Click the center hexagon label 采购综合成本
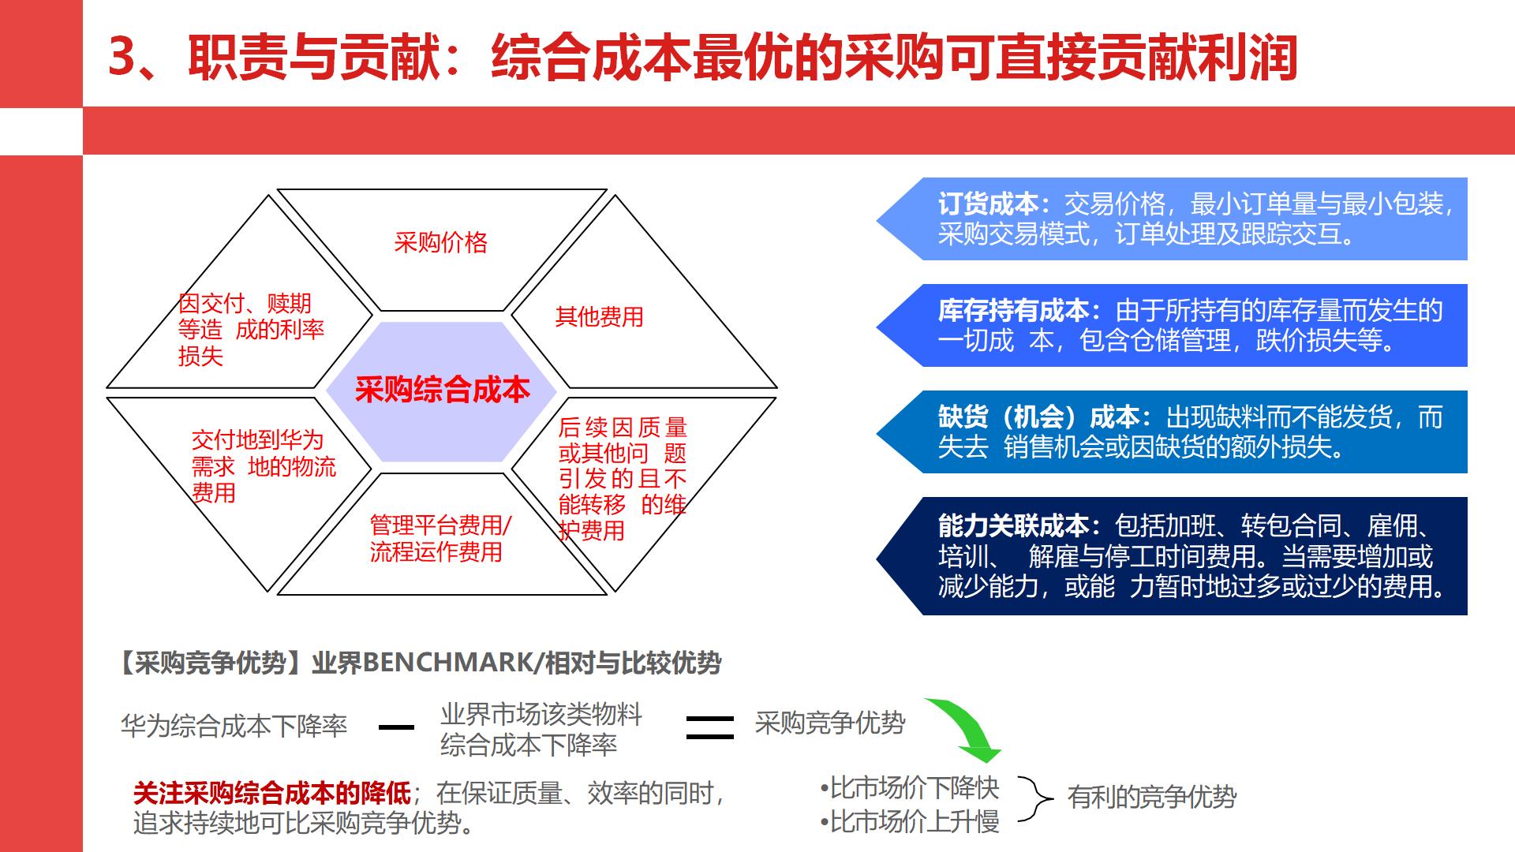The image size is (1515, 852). coord(442,390)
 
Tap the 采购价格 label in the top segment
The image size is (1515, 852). coord(440,242)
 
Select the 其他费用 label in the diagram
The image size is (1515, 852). coord(599,316)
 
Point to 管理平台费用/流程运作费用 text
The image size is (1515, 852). coord(440,538)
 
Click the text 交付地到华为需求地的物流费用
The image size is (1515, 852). coord(264,466)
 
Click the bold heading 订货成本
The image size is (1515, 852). coord(987,204)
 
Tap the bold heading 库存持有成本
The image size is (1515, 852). coord(1013,311)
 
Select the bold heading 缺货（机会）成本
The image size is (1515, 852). coord(1038,417)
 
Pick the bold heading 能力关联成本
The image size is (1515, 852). coord(1013,525)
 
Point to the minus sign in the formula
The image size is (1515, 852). coord(396,727)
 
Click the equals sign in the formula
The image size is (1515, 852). coord(709,727)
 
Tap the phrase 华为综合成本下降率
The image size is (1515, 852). coord(234,726)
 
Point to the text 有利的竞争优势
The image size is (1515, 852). coord(1151,797)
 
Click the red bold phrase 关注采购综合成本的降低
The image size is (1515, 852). coord(272,793)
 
